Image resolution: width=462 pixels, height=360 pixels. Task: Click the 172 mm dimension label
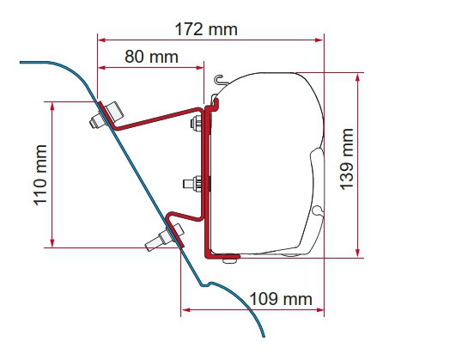pyautogui.click(x=206, y=29)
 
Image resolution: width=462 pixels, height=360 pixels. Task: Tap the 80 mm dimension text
pyautogui.click(x=151, y=57)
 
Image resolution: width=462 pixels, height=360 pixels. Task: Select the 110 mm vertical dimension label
pyautogui.click(x=40, y=174)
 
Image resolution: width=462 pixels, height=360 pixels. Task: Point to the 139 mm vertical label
pyautogui.click(x=347, y=159)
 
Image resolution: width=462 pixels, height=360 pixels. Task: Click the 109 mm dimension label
pyautogui.click(x=281, y=299)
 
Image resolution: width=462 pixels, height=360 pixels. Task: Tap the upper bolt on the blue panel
pyautogui.click(x=106, y=115)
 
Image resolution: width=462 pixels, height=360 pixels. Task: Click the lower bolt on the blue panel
pyautogui.click(x=164, y=236)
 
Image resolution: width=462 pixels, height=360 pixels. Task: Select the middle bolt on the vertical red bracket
pyautogui.click(x=192, y=184)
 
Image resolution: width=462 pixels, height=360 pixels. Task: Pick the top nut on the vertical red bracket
pyautogui.click(x=196, y=122)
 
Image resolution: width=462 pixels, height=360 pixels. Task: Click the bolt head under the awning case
pyautogui.click(x=231, y=260)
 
